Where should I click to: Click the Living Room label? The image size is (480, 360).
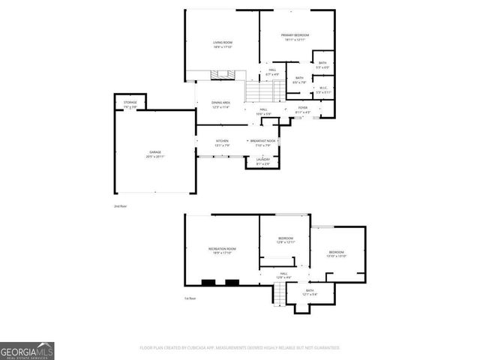click(x=223, y=43)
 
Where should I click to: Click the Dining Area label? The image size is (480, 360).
click(x=220, y=104)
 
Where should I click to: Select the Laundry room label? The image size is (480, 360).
click(x=262, y=160)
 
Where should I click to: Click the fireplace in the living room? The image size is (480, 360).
click(x=218, y=75)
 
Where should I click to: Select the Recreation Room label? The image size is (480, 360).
click(x=222, y=250)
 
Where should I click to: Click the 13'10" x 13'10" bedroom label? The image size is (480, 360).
click(x=335, y=253)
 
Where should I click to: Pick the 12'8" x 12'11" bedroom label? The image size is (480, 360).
click(x=286, y=240)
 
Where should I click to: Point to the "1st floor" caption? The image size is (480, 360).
click(x=190, y=298)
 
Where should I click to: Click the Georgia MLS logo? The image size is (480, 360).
click(x=27, y=350)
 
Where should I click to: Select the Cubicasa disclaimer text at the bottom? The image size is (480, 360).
click(x=239, y=348)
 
